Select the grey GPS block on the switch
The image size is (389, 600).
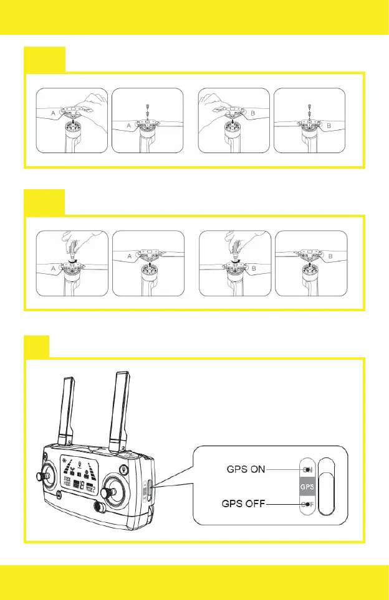tap(307, 486)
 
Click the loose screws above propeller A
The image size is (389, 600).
tap(149, 107)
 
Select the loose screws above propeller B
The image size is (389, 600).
tap(310, 107)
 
